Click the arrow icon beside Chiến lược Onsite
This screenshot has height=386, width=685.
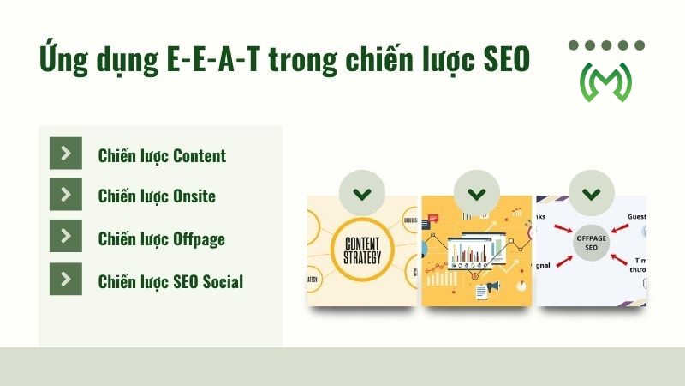coord(66,195)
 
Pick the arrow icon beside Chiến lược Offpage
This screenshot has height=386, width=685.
coord(66,237)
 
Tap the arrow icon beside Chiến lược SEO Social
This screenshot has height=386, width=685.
coord(66,279)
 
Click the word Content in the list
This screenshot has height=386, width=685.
coord(199,155)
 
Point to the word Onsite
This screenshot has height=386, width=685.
coord(194,196)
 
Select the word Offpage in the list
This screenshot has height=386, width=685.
coord(199,238)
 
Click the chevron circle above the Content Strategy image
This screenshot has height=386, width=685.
coord(361,193)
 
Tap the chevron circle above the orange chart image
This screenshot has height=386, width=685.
coord(477,193)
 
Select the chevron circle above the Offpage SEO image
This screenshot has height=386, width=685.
coord(592,193)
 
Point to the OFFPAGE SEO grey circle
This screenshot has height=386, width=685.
coord(592,241)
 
